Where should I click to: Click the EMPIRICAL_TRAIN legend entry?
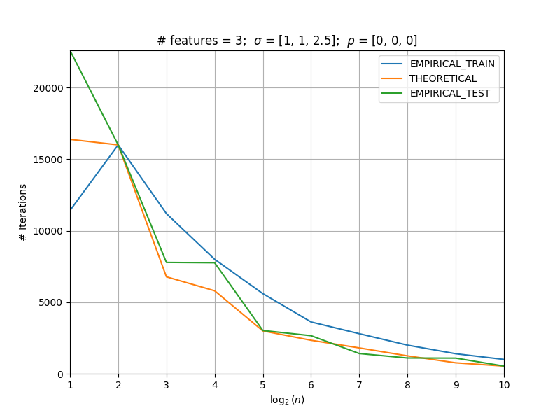(x=438, y=64)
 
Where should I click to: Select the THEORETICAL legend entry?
(x=429, y=78)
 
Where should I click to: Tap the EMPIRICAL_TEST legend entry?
(x=435, y=93)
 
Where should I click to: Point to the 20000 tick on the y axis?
(x=48, y=88)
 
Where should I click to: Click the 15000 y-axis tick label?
(x=48, y=160)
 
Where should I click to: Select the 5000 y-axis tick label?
(x=50, y=303)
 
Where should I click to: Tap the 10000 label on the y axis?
(x=48, y=232)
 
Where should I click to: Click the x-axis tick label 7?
(x=359, y=385)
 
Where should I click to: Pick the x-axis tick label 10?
(x=504, y=385)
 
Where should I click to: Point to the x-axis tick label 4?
(x=215, y=385)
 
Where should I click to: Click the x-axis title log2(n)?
(x=287, y=400)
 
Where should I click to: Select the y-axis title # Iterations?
(x=23, y=213)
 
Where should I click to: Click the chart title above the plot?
(x=287, y=41)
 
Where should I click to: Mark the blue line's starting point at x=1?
(x=71, y=210)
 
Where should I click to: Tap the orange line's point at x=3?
(x=167, y=276)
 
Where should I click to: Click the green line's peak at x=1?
(x=71, y=51)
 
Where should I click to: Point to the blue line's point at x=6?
(x=311, y=322)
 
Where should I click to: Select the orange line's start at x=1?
(x=71, y=139)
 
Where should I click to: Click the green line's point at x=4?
(x=215, y=263)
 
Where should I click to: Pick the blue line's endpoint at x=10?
(x=504, y=360)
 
